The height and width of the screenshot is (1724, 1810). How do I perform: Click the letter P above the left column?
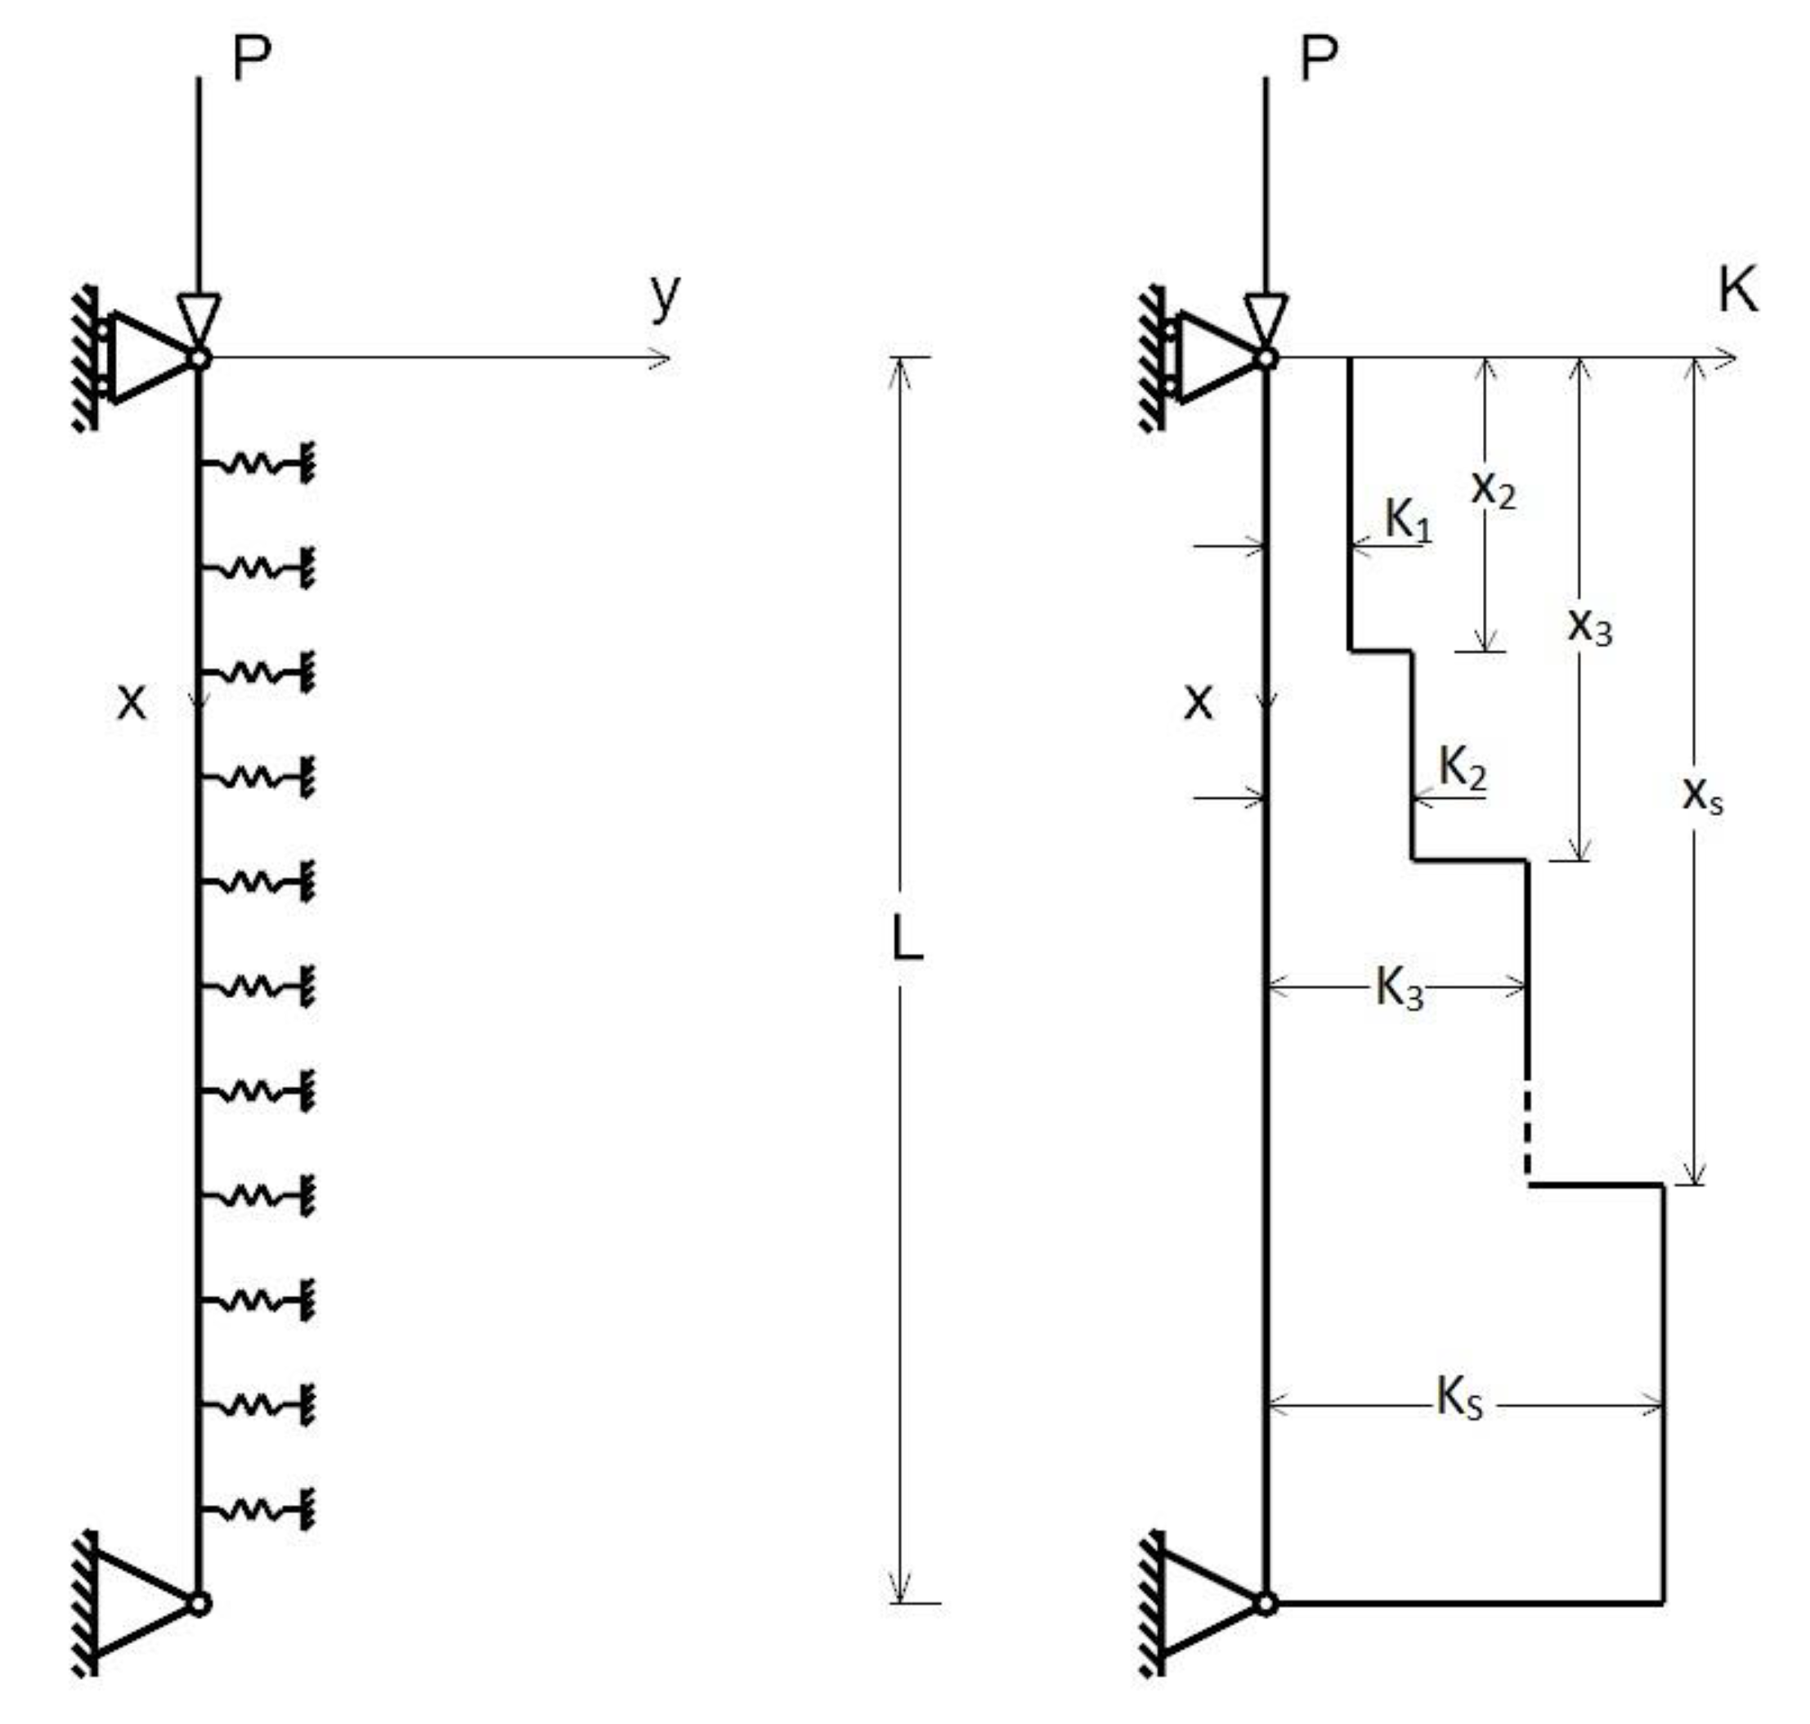pos(251,61)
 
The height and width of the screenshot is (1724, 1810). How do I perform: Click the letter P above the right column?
pos(1318,61)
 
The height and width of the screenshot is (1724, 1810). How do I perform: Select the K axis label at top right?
pos(1736,292)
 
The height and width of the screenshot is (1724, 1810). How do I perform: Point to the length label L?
pos(907,940)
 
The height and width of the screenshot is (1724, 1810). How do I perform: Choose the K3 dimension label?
pos(1398,990)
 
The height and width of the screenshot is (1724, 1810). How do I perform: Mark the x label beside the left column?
pos(132,703)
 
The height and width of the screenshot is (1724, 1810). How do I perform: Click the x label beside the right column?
pos(1198,703)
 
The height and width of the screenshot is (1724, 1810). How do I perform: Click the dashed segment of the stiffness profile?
pos(1527,1131)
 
